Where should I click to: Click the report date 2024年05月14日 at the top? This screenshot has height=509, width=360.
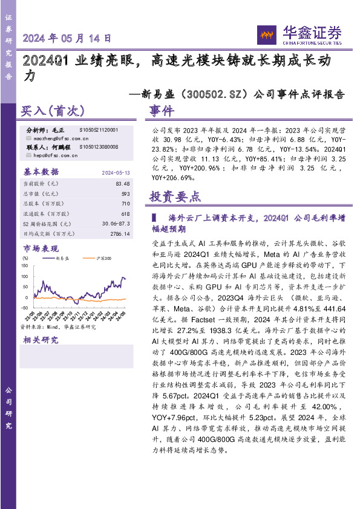pyautogui.click(x=67, y=37)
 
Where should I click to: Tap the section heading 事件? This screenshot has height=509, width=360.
pyautogui.click(x=162, y=111)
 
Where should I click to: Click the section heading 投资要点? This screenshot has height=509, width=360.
pyautogui.click(x=175, y=196)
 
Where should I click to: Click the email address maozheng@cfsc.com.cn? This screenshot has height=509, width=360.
pyautogui.click(x=53, y=138)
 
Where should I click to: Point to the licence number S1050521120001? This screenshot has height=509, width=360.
pyautogui.click(x=99, y=130)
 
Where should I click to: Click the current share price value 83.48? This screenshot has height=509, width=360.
pyautogui.click(x=123, y=183)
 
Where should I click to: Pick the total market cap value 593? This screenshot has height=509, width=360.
pyautogui.click(x=126, y=193)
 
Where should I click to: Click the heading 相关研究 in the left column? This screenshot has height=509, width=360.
pyautogui.click(x=41, y=340)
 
